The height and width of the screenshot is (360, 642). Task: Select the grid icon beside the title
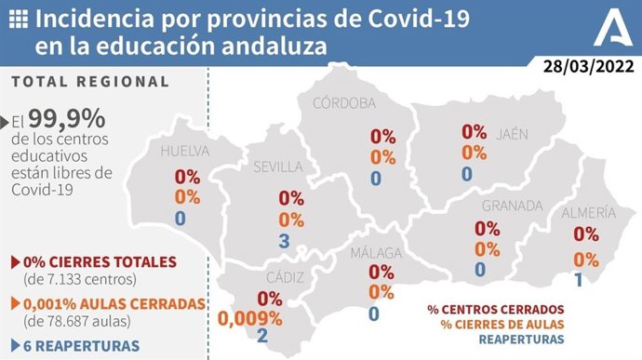pyautogui.click(x=19, y=19)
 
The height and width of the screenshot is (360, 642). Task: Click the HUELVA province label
pyautogui.click(x=185, y=151)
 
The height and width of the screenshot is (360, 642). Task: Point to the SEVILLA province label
pyautogui.click(x=278, y=167)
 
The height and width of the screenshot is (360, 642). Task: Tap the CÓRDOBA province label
pyautogui.click(x=344, y=102)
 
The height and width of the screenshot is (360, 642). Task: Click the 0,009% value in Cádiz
pyautogui.click(x=249, y=318)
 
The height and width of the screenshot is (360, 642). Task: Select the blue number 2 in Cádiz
pyautogui.click(x=262, y=337)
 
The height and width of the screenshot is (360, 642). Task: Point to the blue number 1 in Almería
pyautogui.click(x=578, y=280)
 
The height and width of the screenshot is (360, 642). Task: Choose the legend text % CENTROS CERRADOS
pyautogui.click(x=495, y=309)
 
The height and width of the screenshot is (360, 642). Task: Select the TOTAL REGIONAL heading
pyautogui.click(x=90, y=82)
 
